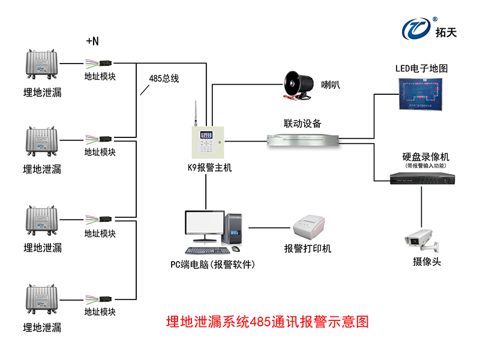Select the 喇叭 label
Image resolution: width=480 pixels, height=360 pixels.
(x=331, y=85)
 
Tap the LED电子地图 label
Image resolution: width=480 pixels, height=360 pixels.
(x=421, y=68)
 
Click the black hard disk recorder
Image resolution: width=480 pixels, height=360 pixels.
(x=421, y=179)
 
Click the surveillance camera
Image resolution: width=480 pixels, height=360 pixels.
(x=421, y=240)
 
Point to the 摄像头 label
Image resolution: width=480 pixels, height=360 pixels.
(x=427, y=262)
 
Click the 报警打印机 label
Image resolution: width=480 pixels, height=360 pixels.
(x=308, y=248)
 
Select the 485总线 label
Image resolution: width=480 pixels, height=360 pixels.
(x=164, y=78)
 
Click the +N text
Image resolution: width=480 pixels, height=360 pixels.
(x=92, y=41)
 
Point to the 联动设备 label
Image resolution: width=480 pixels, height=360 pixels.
(x=302, y=124)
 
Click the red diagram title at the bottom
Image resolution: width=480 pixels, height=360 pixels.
(x=266, y=322)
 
